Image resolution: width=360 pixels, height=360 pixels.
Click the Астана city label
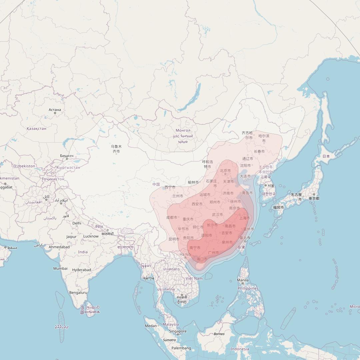[x=55, y=110]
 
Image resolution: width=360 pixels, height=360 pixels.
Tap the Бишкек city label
[x=67, y=156]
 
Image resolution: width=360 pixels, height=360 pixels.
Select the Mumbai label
[x=60, y=268]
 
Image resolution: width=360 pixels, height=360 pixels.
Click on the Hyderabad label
[x=82, y=270]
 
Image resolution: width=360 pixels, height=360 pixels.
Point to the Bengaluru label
[x=78, y=293]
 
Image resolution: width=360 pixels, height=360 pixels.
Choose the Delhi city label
[x=77, y=223]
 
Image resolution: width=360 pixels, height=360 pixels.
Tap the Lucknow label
[x=91, y=236]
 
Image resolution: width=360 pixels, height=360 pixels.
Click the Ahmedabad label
[x=59, y=247]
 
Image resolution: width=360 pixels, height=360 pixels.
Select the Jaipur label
[x=71, y=237]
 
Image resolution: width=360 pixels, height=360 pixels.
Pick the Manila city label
[x=243, y=280]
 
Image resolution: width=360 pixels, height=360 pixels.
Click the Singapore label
[x=178, y=331]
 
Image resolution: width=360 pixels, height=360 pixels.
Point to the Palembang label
[x=181, y=348]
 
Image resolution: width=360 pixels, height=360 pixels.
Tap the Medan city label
[x=151, y=326]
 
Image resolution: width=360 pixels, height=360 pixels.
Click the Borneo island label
[x=219, y=334]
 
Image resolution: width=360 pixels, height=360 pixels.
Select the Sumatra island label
[x=169, y=340]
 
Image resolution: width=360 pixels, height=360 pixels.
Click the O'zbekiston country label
[x=24, y=166]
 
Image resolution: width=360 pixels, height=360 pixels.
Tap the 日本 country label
[x=326, y=156]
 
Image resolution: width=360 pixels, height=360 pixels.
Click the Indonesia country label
[x=240, y=349]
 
